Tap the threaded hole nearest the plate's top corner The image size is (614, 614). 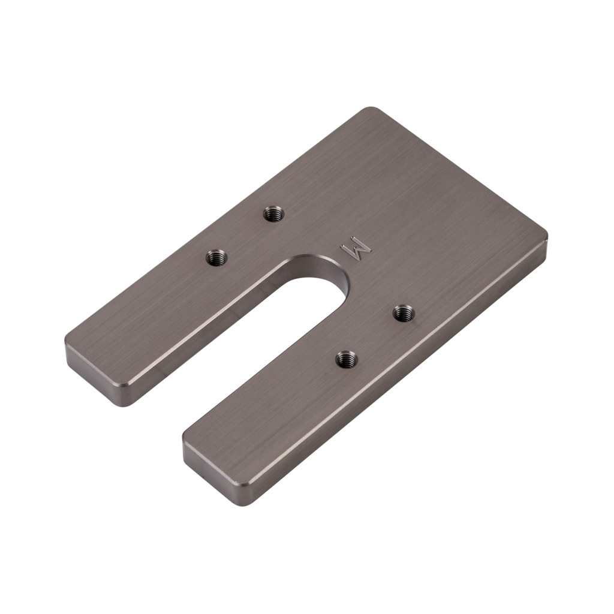pos(274,213)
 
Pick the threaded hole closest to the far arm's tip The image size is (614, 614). pos(216,258)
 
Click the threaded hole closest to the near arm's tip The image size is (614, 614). pos(346,359)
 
